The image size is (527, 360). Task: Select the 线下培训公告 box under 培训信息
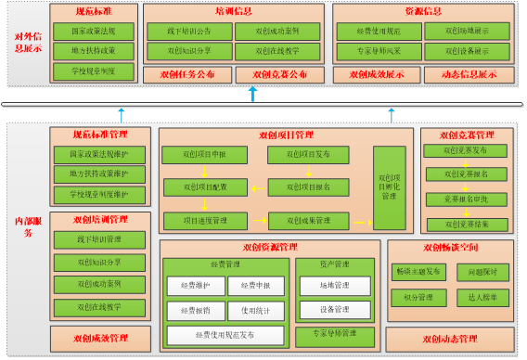[x=189, y=30]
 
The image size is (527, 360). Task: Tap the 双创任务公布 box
[x=186, y=73]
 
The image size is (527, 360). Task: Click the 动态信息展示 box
[x=469, y=73]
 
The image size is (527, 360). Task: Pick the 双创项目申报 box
[x=203, y=153]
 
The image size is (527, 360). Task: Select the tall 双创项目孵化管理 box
[x=389, y=186]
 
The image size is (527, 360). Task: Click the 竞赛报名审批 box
[x=453, y=199]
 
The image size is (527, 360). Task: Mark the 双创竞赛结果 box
[x=453, y=223]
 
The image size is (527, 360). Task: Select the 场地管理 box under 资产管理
[x=334, y=286]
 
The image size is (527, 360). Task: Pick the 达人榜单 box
[x=482, y=297]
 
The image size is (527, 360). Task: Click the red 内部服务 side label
[x=28, y=226]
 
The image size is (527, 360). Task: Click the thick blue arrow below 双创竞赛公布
[x=252, y=94]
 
